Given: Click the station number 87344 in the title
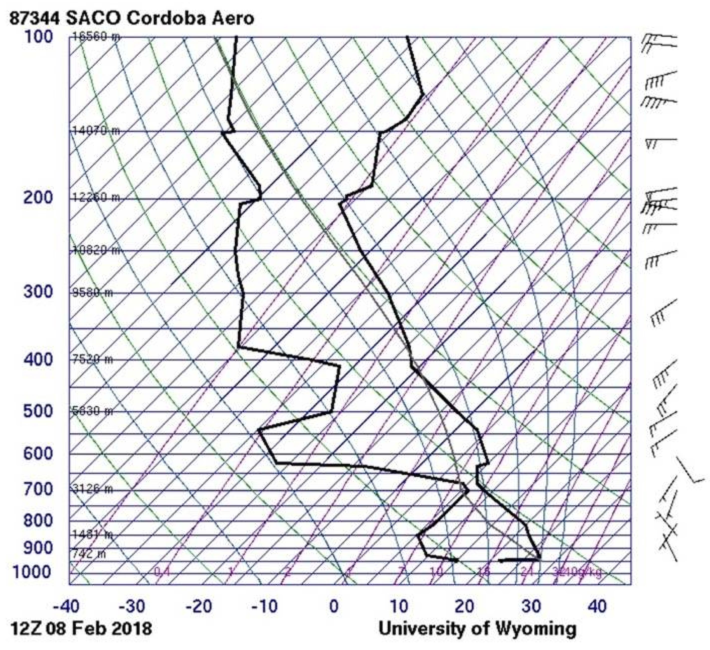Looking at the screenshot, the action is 34,18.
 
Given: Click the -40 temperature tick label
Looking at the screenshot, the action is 66,607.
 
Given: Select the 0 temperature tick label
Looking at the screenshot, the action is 334,607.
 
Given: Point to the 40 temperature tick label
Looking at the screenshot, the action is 597,607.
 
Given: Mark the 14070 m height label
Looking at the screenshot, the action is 96,131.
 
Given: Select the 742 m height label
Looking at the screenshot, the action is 89,554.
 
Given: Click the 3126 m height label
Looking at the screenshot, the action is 92,489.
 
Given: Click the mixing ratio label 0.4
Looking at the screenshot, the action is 162,572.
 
